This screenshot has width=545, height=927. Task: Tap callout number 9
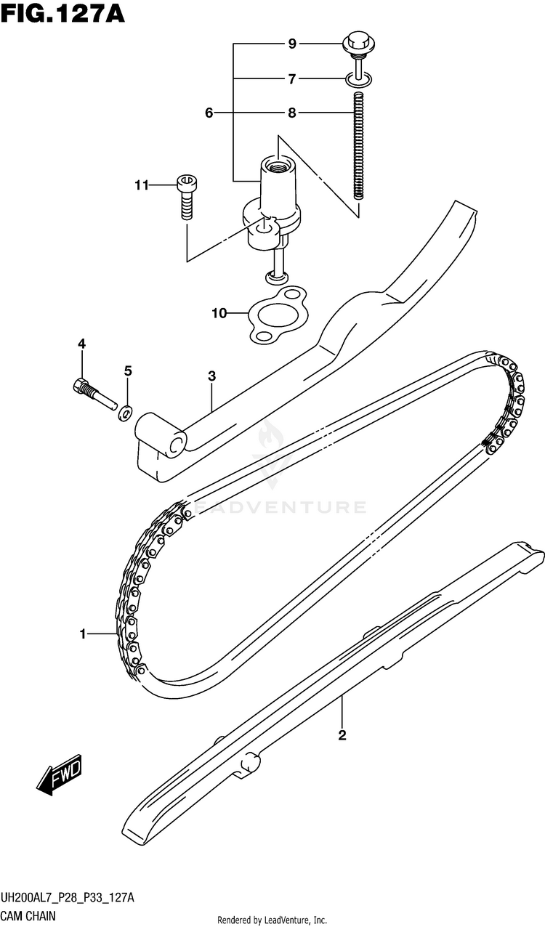point(292,44)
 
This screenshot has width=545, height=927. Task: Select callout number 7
point(292,78)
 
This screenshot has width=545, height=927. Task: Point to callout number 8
point(292,113)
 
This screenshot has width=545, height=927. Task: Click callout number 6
point(209,113)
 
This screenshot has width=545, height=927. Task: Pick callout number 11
point(140,186)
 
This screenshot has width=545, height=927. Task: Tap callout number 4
point(82,344)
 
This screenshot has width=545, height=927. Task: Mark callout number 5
point(128,371)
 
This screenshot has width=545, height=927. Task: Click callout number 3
point(211,376)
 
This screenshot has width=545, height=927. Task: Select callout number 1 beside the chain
point(84,635)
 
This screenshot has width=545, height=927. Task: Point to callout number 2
point(342,736)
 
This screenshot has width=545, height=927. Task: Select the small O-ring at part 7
point(358,78)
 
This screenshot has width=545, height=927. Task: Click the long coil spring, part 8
point(358,145)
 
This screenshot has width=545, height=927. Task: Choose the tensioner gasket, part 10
point(277,314)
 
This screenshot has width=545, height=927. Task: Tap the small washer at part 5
point(125,414)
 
